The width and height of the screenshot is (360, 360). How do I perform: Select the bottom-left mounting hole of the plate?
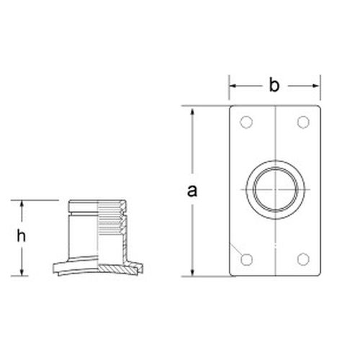tap(247, 259)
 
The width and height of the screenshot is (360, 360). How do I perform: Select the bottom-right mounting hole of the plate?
tap(302, 259)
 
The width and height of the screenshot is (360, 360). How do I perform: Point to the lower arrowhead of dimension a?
tap(192, 271)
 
